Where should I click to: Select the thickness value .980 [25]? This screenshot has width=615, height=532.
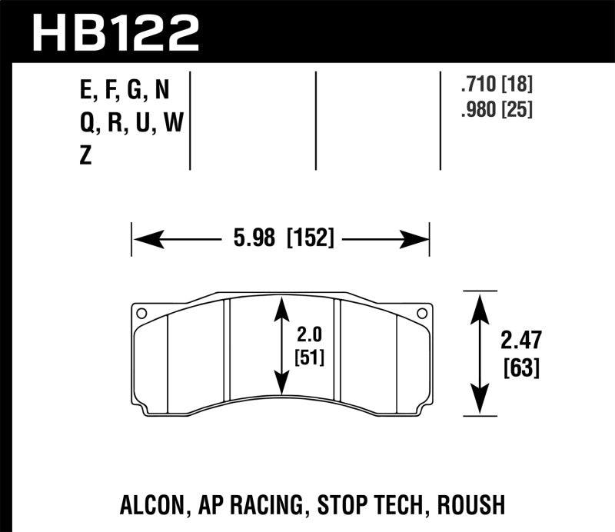pos(495,110)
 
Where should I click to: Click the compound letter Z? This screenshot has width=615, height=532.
pos(85,156)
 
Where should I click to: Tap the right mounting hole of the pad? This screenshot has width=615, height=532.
pos(420,313)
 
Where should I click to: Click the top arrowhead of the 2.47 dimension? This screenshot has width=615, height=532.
pos(480,300)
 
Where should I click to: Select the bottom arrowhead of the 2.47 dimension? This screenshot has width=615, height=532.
pos(480,407)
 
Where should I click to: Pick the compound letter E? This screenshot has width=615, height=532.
pos(85,92)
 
